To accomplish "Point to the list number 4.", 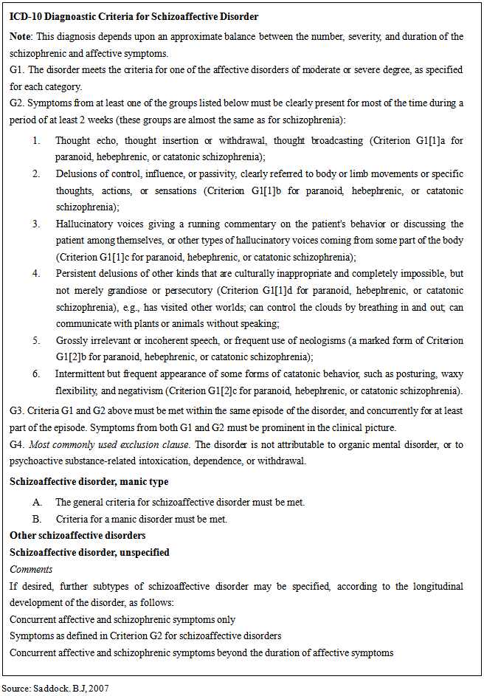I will pos(36,273).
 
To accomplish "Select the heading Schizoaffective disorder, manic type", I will pos(89,482).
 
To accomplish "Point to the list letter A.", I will pos(36,502).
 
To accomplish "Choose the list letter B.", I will pos(36,519).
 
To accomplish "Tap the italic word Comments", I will pos(31,569).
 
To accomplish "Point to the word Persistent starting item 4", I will pos(77,273).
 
